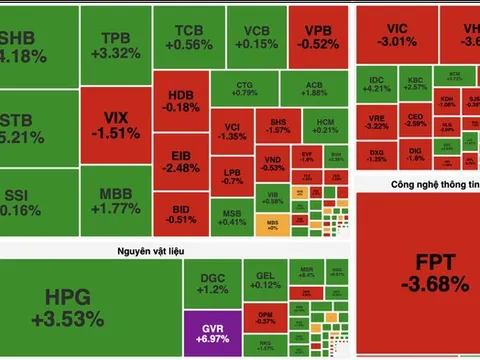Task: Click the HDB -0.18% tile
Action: coord(182,100)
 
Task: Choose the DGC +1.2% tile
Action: coord(213,283)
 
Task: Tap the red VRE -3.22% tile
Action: coord(377,122)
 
